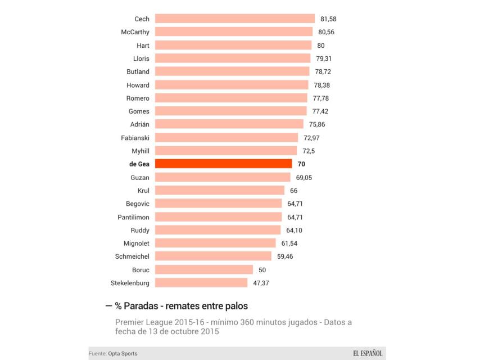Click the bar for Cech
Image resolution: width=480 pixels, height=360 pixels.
(234, 19)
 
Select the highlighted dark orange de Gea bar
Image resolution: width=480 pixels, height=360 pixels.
(223, 164)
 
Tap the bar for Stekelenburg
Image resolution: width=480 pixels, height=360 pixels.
(201, 282)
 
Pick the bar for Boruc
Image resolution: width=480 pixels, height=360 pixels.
(203, 269)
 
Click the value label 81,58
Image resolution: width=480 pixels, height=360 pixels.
(328, 19)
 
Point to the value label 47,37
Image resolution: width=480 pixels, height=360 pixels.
(261, 283)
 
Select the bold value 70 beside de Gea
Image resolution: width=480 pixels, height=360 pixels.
(301, 164)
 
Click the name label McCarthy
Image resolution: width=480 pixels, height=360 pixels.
(135, 32)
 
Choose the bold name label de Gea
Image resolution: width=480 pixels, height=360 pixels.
(139, 164)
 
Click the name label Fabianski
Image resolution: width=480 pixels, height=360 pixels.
(135, 138)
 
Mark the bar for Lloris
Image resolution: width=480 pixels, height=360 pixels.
(232, 58)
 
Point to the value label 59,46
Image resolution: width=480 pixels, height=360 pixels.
(285, 256)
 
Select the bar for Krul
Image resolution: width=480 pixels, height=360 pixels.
(219, 190)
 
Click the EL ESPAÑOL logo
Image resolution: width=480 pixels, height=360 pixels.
(368, 353)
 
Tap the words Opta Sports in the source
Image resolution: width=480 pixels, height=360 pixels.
(124, 353)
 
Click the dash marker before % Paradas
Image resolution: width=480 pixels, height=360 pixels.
(108, 306)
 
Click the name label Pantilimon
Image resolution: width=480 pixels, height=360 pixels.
(133, 217)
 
